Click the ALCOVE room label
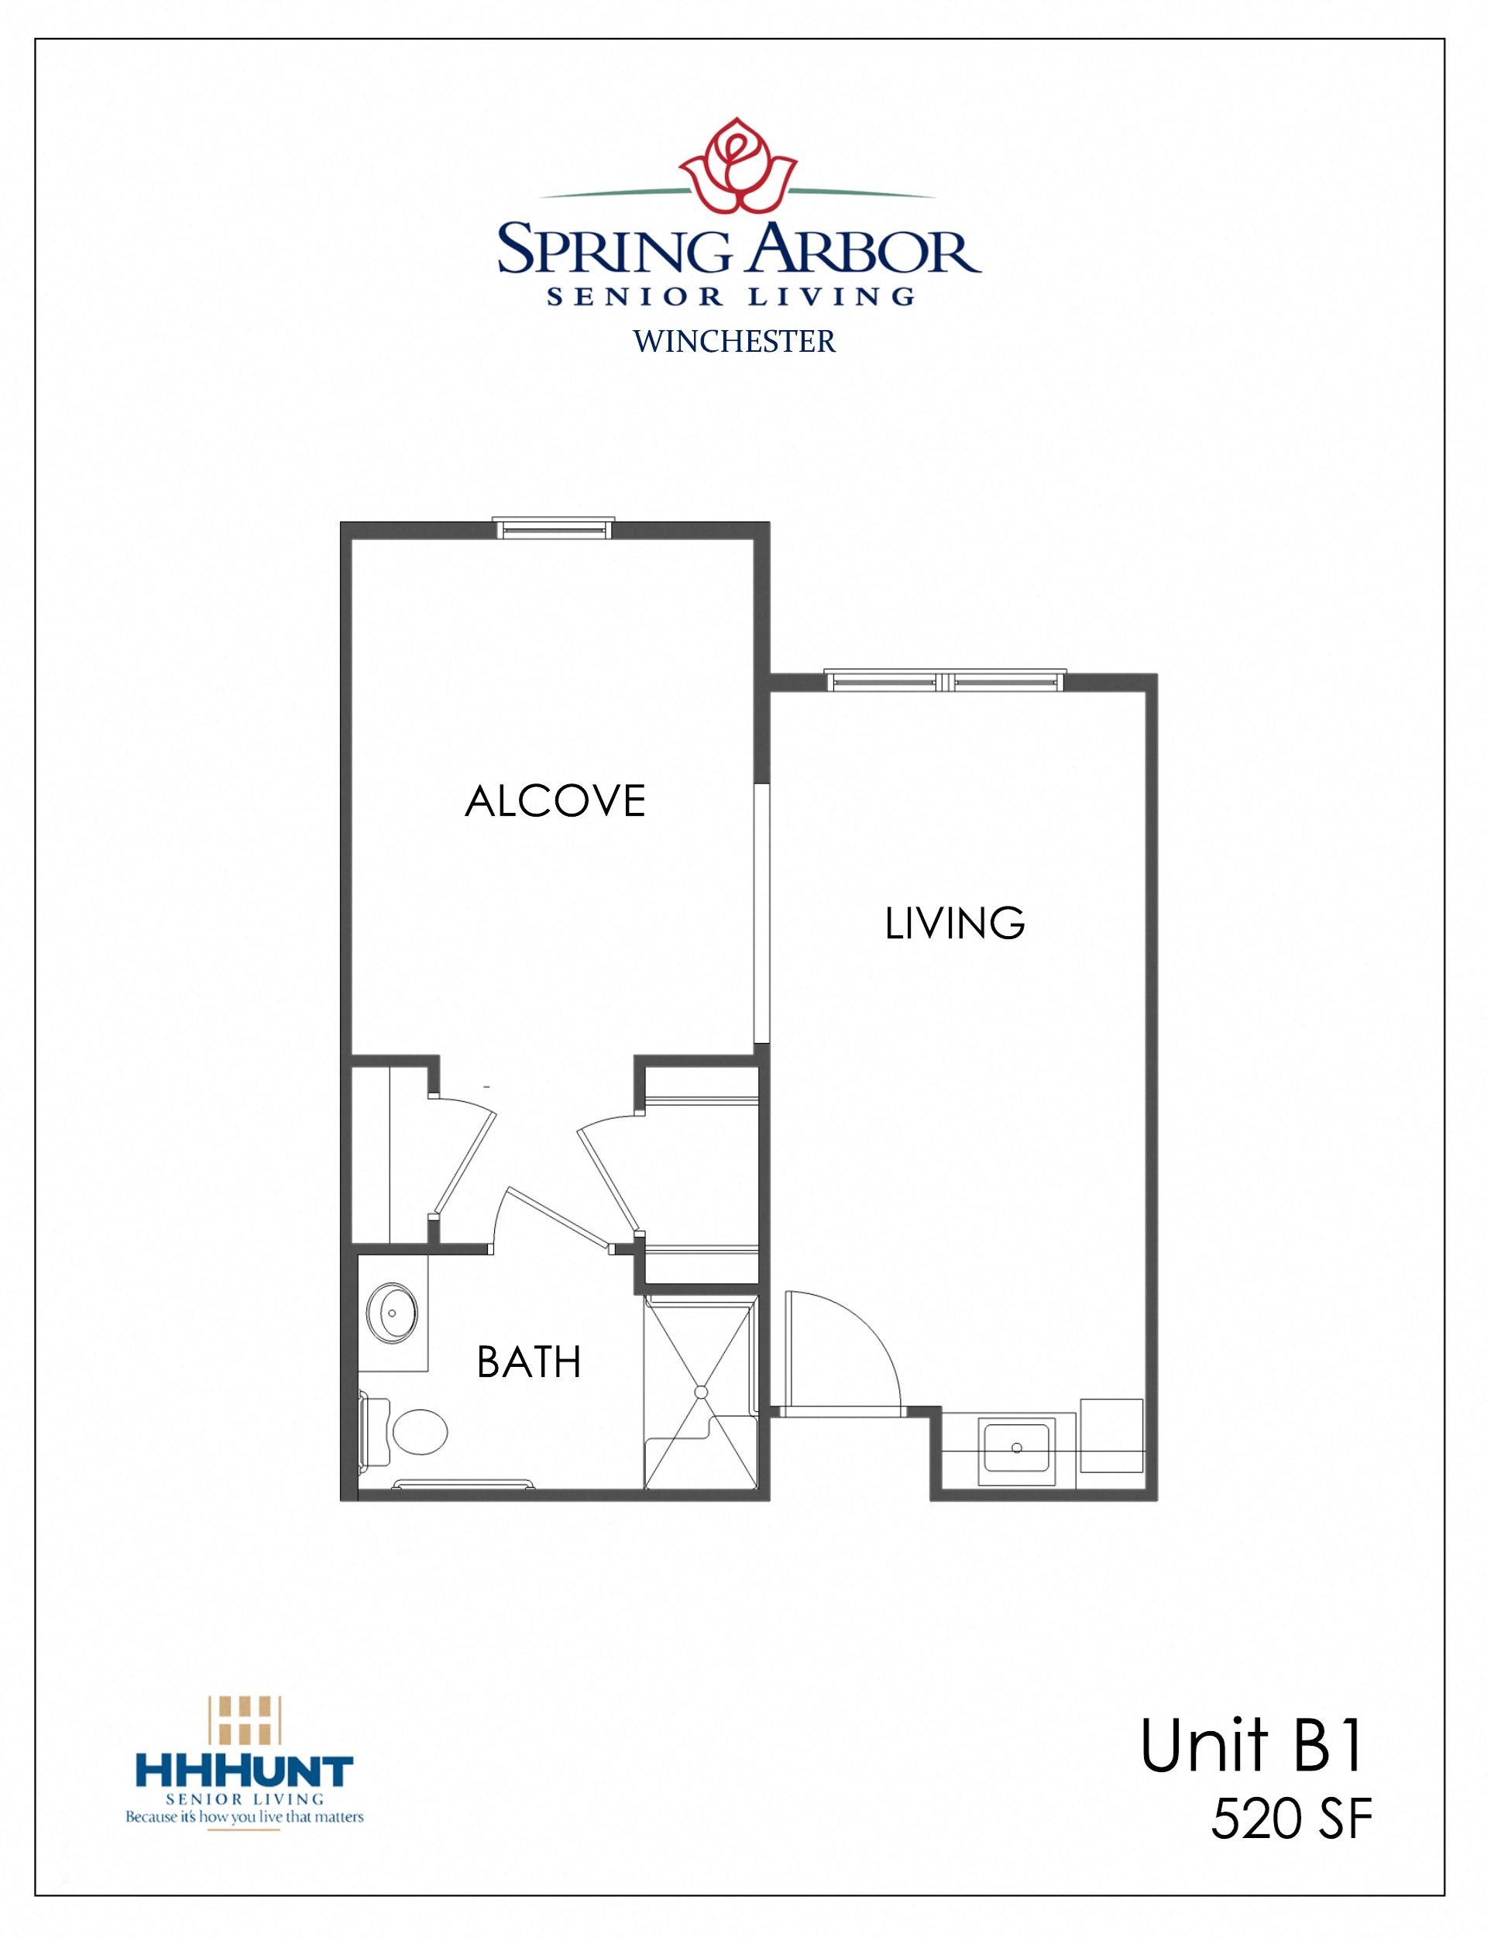click(555, 801)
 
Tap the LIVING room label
click(955, 924)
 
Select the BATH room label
click(528, 1361)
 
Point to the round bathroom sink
click(392, 1313)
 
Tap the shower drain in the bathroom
click(701, 1392)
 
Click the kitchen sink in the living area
click(1016, 1447)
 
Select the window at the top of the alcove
click(553, 528)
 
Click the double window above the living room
click(946, 681)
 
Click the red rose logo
click(737, 166)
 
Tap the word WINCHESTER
click(733, 342)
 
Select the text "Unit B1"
click(1252, 1747)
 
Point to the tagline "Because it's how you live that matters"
click(244, 1816)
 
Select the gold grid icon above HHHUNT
click(244, 1719)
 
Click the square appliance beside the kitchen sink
click(1111, 1435)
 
